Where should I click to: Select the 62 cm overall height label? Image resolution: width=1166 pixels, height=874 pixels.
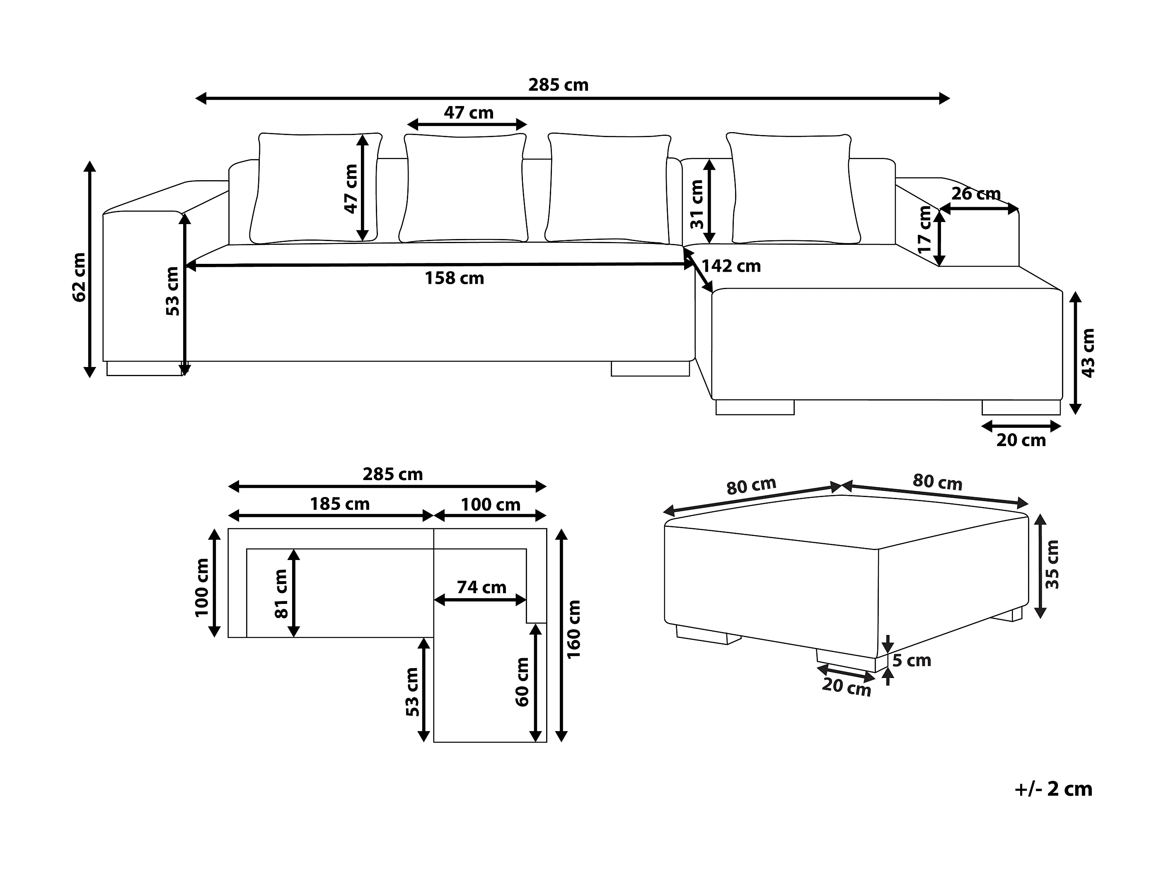pos(79,277)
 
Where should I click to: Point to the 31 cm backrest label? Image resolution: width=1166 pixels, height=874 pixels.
pos(697,204)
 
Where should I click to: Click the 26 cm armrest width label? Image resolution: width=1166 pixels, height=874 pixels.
pos(976,194)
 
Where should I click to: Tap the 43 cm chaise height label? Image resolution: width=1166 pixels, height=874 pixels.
pos(1087,353)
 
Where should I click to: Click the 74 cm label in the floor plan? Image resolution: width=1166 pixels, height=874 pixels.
pos(481,587)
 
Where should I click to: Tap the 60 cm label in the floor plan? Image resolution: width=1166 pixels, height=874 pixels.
pos(522,682)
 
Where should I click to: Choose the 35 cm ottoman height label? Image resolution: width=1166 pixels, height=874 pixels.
pos(1052,564)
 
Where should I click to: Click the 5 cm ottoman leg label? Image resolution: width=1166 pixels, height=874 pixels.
pos(912,660)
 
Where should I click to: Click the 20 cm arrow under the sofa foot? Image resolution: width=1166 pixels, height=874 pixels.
pos(1021,426)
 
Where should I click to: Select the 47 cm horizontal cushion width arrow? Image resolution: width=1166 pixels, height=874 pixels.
pos(467,125)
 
